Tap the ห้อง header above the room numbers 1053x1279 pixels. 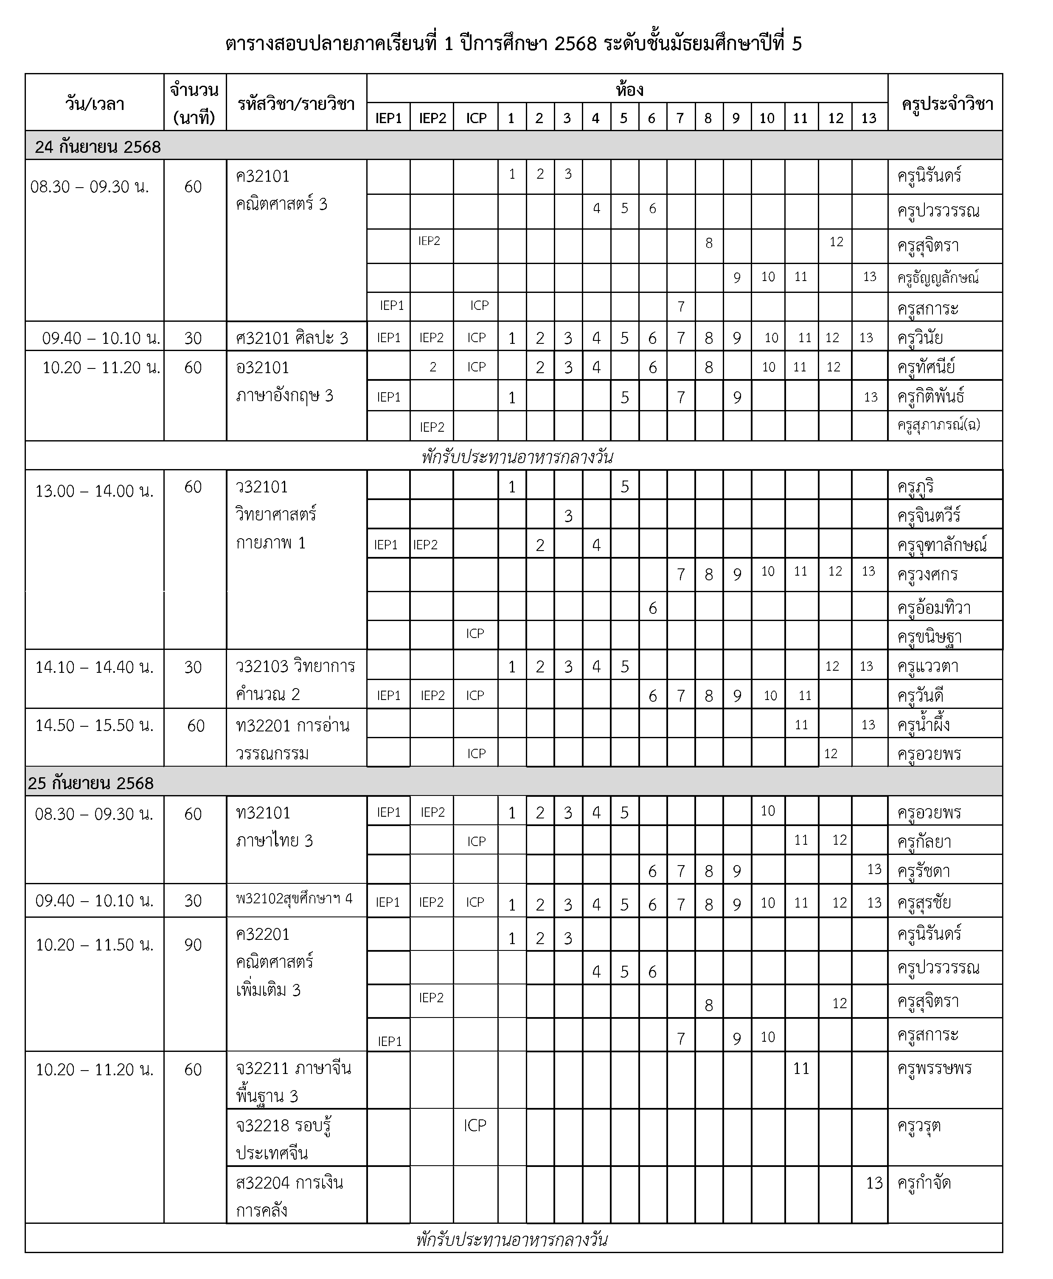629,90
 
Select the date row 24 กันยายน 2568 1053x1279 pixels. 98,147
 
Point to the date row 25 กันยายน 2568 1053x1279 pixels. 91,783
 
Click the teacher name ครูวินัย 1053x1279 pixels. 920,337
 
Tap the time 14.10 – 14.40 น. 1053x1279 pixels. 95,667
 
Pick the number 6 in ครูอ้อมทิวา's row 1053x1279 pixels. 653,608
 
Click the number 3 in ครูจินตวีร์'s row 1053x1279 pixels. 568,516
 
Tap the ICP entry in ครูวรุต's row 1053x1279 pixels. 475,1125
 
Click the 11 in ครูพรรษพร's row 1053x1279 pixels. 801,1068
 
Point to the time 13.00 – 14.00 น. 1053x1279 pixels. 95,491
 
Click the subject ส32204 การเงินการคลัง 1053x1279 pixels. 290,1196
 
